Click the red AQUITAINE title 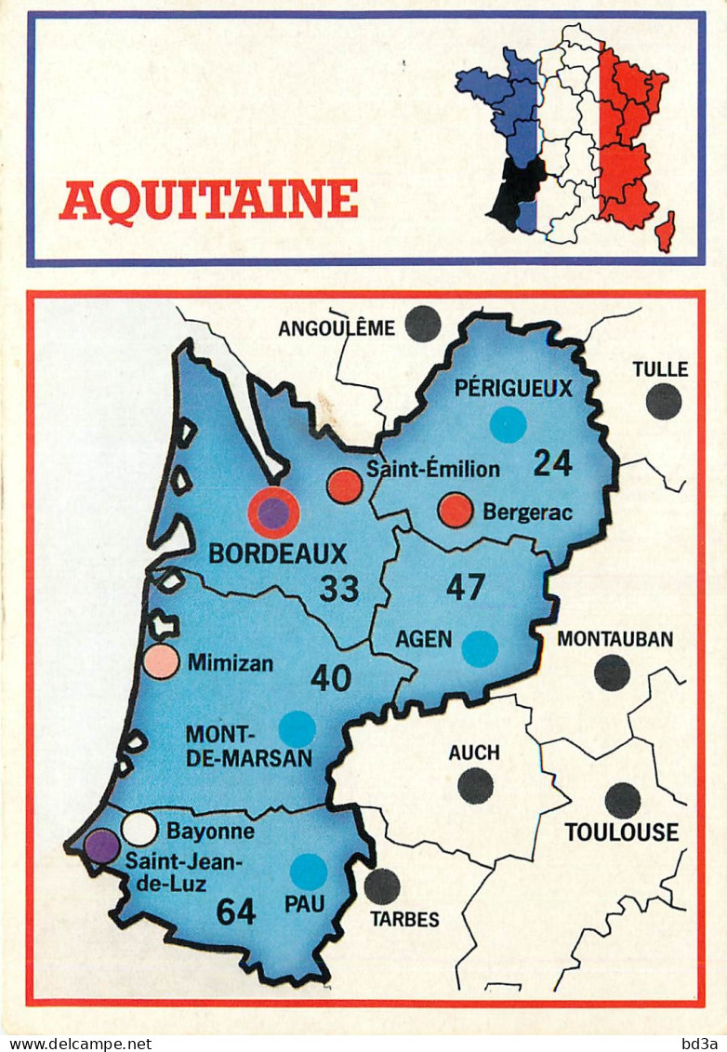(x=208, y=199)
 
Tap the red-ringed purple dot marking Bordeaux (x=273, y=513)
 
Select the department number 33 (x=338, y=588)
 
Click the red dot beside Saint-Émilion (x=344, y=486)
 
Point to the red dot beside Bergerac (x=456, y=510)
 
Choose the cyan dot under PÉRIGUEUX (x=508, y=425)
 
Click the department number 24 (x=552, y=462)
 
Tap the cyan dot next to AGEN (x=480, y=648)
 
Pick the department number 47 (x=466, y=587)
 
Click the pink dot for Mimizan (x=162, y=660)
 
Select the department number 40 (x=330, y=678)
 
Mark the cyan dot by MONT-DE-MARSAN (x=297, y=728)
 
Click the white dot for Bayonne (x=139, y=828)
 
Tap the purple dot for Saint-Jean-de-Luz (x=102, y=846)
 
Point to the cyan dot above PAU (x=308, y=872)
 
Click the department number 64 (x=235, y=912)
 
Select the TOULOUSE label (x=622, y=832)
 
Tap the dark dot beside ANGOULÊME (x=423, y=324)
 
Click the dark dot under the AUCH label (x=475, y=786)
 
